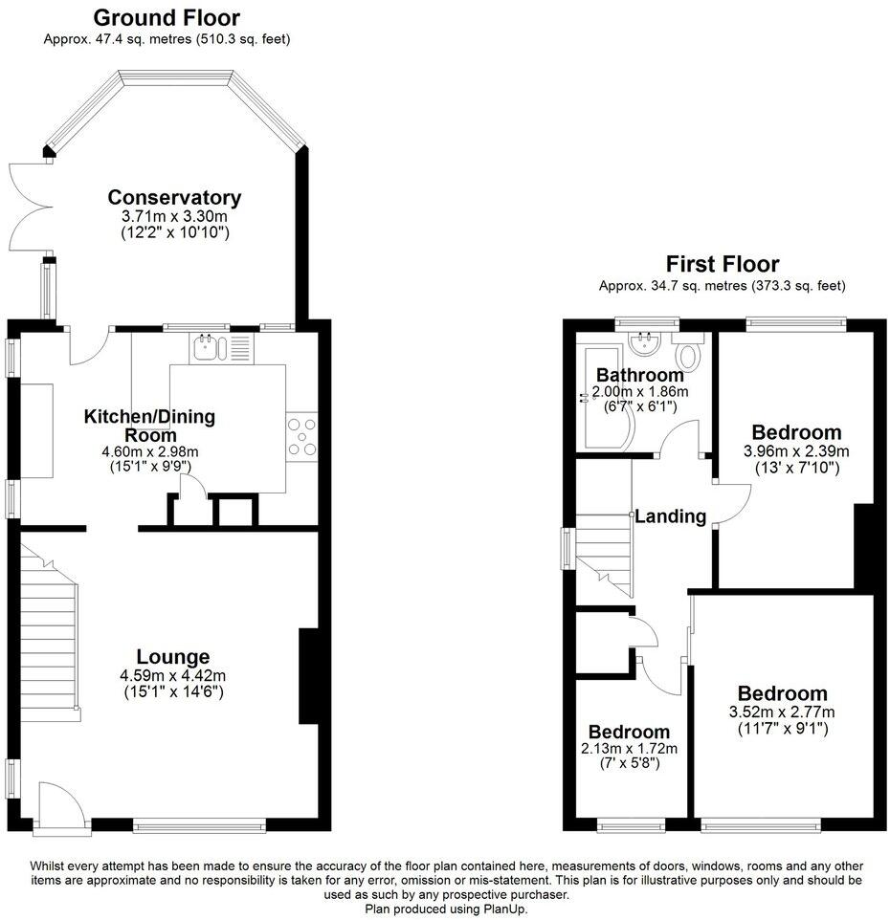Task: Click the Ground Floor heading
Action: pos(167,17)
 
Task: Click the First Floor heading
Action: pos(723,264)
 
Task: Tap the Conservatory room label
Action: pos(174,198)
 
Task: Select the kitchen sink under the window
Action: pos(208,349)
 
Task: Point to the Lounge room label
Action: pos(173,657)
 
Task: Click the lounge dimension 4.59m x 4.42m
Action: pos(173,675)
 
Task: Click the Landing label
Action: pos(671,516)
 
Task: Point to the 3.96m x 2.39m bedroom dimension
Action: pos(796,450)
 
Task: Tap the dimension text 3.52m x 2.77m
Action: pos(782,712)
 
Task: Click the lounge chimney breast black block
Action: pos(310,675)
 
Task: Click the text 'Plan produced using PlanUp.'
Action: pos(445,909)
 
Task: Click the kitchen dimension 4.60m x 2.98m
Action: pos(149,450)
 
